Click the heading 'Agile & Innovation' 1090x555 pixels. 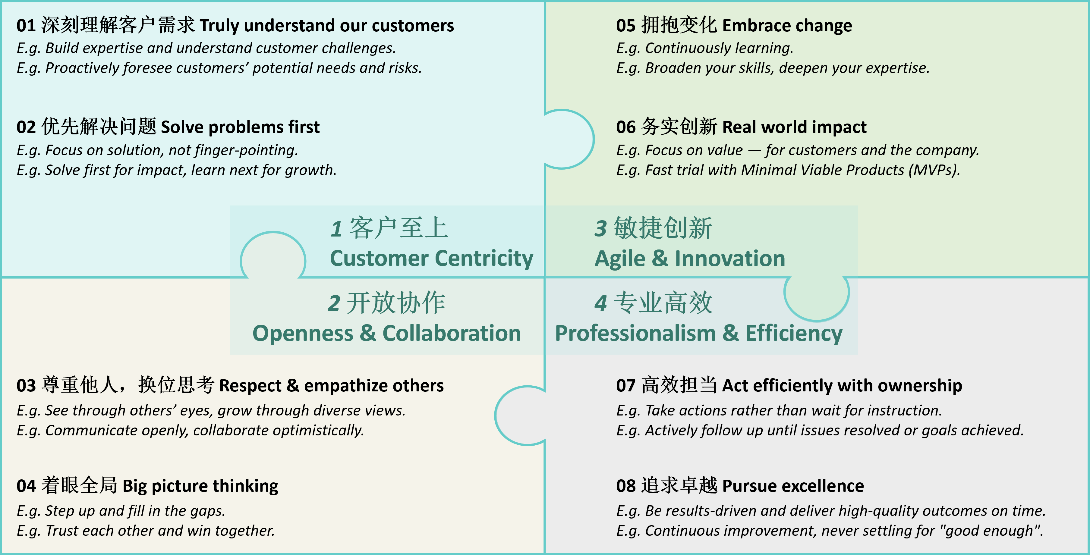pos(690,259)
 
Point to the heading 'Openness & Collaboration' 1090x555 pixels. pos(387,333)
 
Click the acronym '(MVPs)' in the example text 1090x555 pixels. pos(934,170)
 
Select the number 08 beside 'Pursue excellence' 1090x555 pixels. pos(626,486)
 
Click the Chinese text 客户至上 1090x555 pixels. pos(399,228)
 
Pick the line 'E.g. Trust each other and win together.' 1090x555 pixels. pos(146,531)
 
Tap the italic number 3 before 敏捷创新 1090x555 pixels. pos(601,228)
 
